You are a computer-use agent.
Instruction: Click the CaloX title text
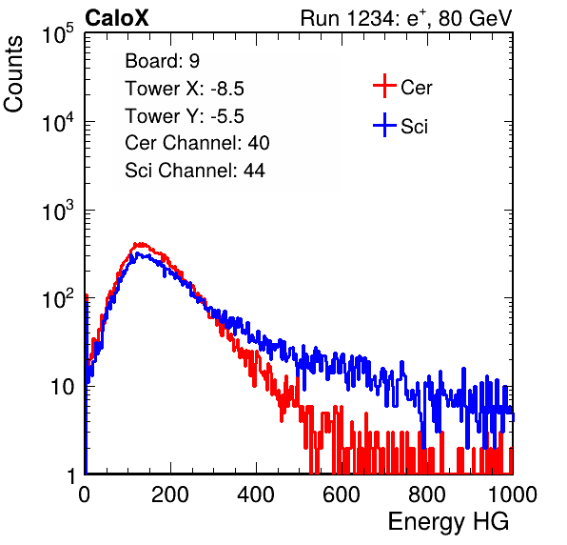click(116, 18)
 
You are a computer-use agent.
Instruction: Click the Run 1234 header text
click(406, 18)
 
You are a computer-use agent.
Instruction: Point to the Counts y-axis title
click(13, 74)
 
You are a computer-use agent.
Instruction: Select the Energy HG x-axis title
click(448, 522)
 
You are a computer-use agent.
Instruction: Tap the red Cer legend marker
click(384, 86)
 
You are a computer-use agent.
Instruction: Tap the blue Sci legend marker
click(384, 126)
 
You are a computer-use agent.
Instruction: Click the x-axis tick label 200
click(170, 495)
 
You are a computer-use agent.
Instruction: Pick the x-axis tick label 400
click(256, 495)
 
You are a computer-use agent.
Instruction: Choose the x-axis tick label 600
click(342, 495)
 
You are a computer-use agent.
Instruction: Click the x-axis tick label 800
click(427, 495)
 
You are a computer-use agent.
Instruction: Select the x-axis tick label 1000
click(513, 495)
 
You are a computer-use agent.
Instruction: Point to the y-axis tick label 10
click(63, 387)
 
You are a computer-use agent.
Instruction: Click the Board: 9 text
click(163, 61)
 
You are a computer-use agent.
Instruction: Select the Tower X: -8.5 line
click(185, 89)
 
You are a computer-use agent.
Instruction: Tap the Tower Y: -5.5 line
click(185, 116)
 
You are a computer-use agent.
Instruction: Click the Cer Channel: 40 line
click(197, 143)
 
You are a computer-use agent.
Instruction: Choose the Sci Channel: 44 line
click(195, 171)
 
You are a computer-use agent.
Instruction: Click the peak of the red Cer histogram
click(140, 244)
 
